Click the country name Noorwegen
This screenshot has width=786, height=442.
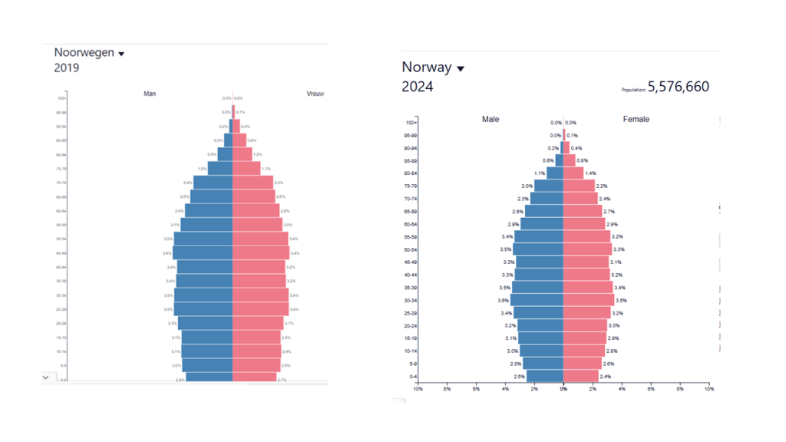pyautogui.click(x=84, y=53)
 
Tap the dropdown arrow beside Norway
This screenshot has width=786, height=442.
pyautogui.click(x=461, y=69)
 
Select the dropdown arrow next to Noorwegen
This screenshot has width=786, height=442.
pyautogui.click(x=121, y=54)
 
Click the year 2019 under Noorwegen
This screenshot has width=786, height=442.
pyautogui.click(x=67, y=68)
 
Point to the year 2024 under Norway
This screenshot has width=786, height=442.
pyautogui.click(x=418, y=87)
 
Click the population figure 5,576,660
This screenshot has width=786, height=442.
pyautogui.click(x=679, y=87)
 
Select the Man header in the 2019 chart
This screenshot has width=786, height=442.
pyautogui.click(x=150, y=94)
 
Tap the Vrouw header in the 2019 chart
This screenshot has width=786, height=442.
pyautogui.click(x=315, y=94)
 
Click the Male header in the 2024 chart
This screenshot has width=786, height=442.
pyautogui.click(x=491, y=120)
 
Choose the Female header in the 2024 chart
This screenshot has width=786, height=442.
pyautogui.click(x=636, y=120)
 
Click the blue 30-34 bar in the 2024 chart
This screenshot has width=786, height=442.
pyautogui.click(x=537, y=300)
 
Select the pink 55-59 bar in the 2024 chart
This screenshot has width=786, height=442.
pyautogui.click(x=586, y=237)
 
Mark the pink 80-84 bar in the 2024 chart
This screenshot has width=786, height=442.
pyautogui.click(x=573, y=173)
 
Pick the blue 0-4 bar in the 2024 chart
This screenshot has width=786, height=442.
pyautogui.click(x=544, y=376)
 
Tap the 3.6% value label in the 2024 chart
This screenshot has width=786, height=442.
pyautogui.click(x=504, y=301)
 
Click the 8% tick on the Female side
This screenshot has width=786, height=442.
pyautogui.click(x=680, y=389)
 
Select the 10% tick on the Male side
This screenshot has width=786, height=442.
pyautogui.click(x=418, y=389)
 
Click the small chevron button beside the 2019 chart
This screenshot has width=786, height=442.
pyautogui.click(x=45, y=378)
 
